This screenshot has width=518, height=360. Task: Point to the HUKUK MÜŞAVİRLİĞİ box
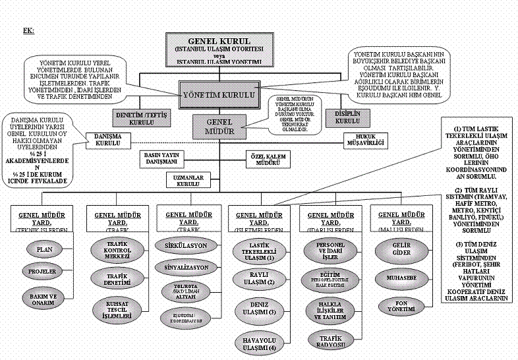tap(364, 139)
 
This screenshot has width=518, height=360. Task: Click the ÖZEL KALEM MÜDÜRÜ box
tap(268, 159)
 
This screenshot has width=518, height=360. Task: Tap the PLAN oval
tap(44, 250)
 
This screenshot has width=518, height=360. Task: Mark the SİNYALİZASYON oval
tap(186, 267)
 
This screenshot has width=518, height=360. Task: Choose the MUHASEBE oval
tap(398, 278)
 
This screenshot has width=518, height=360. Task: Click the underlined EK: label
tap(28, 31)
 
